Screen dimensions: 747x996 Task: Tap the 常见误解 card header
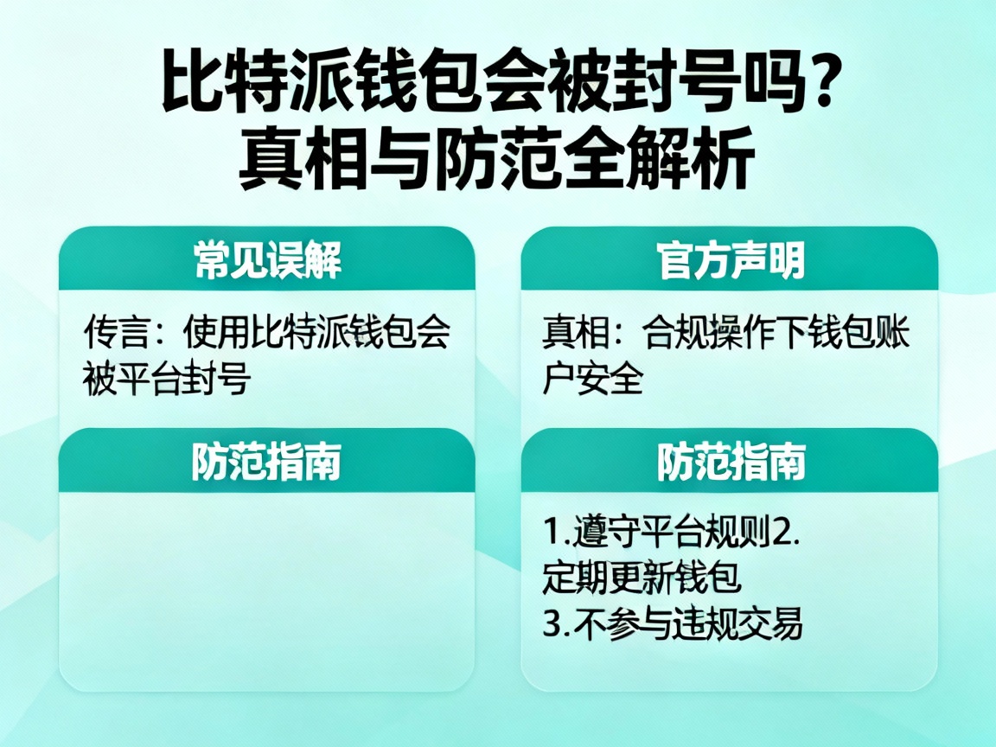click(x=267, y=259)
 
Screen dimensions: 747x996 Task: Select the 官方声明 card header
click(x=730, y=259)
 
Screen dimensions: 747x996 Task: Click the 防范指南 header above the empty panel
click(x=267, y=462)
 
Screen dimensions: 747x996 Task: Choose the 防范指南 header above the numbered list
click(x=730, y=462)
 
